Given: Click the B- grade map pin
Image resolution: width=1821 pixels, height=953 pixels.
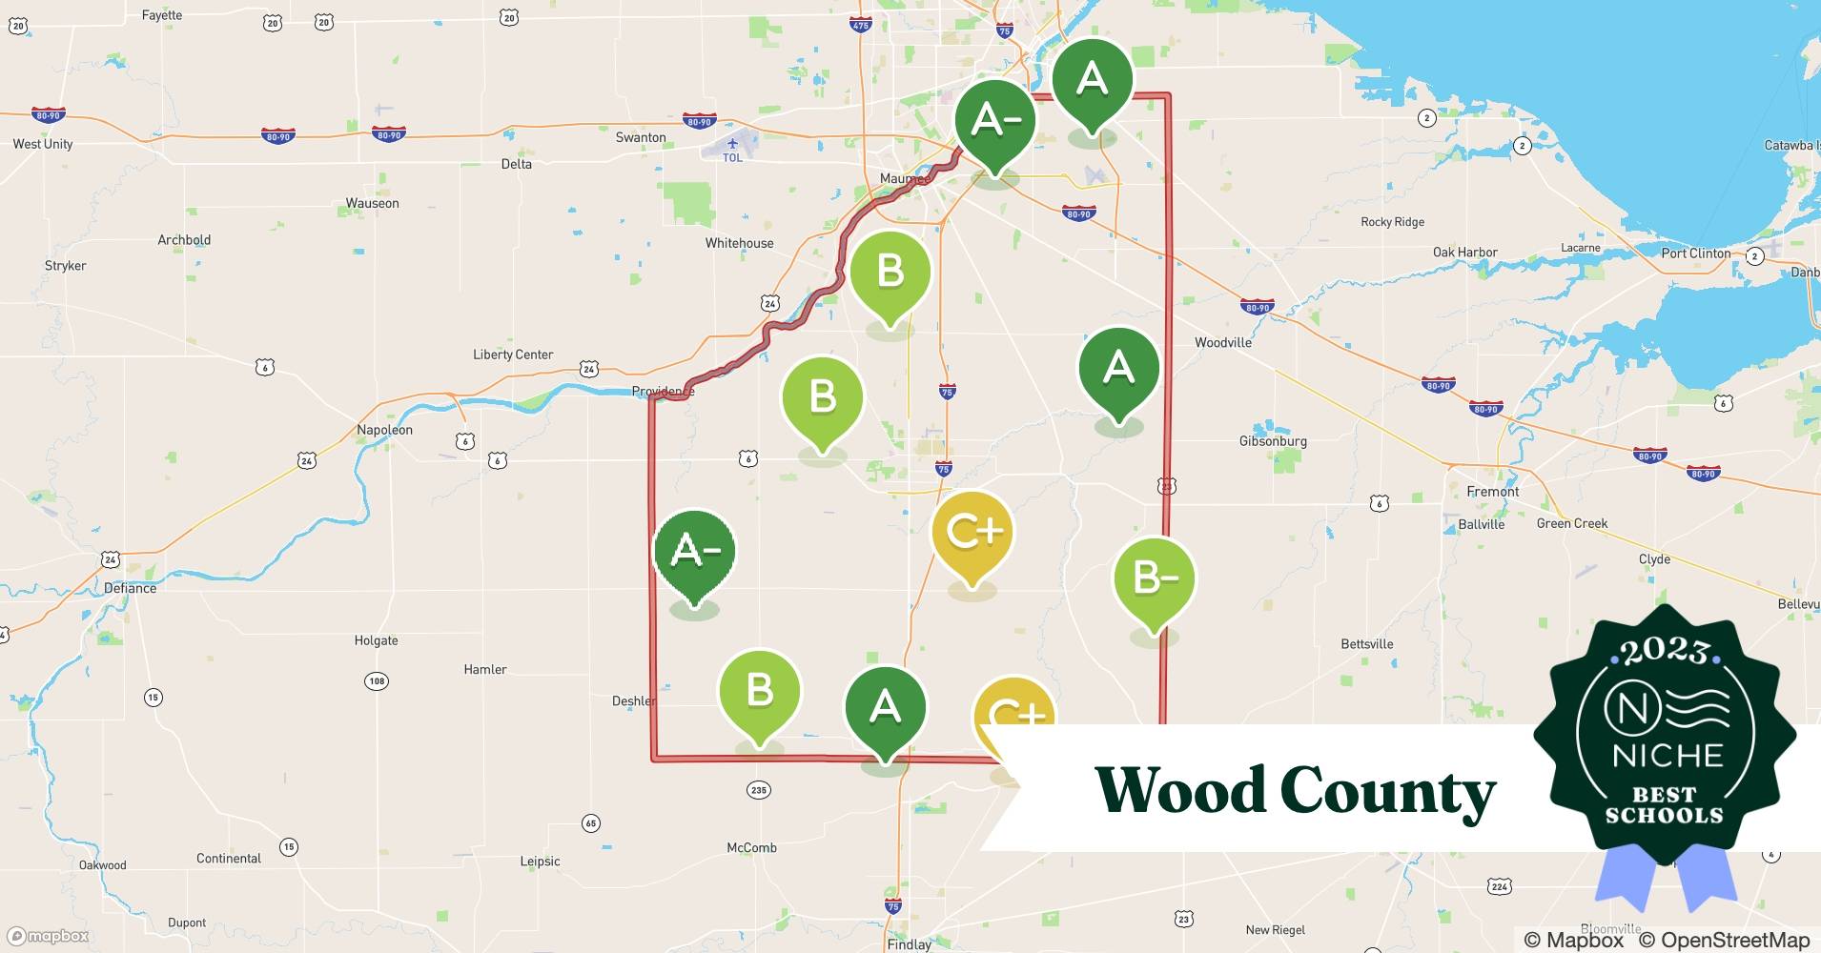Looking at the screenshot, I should pyautogui.click(x=1154, y=579).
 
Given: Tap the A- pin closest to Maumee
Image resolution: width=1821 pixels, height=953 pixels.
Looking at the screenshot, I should pyautogui.click(x=994, y=122).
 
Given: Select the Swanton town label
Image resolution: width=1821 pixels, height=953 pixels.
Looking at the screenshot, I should pyautogui.click(x=641, y=137).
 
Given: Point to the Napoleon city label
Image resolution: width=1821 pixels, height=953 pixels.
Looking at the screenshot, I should pyautogui.click(x=384, y=430).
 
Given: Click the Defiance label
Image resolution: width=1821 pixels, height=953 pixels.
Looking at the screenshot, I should pyautogui.click(x=130, y=588).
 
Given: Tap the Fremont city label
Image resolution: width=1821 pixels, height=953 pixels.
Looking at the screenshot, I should pyautogui.click(x=1492, y=492).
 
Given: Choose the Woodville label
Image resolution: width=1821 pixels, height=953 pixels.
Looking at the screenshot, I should pyautogui.click(x=1222, y=342).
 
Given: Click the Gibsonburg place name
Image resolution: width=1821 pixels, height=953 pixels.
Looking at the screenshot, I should pyautogui.click(x=1273, y=441).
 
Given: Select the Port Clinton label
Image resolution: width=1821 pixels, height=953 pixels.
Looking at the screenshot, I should pyautogui.click(x=1695, y=253).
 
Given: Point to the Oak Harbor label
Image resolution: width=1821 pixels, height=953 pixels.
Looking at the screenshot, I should pyautogui.click(x=1464, y=253).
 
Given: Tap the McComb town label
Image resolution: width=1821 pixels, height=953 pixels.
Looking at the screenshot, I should pyautogui.click(x=751, y=847).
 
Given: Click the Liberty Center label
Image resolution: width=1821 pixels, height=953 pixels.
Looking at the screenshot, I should pyautogui.click(x=513, y=355).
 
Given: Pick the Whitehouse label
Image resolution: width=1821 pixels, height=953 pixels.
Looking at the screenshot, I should pyautogui.click(x=739, y=243).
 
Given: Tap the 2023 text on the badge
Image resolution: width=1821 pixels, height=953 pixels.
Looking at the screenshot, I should pyautogui.click(x=1665, y=651).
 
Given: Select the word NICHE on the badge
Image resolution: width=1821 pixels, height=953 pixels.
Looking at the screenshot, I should pyautogui.click(x=1668, y=756).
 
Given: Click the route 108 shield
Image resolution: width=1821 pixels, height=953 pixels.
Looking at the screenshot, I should pyautogui.click(x=376, y=681).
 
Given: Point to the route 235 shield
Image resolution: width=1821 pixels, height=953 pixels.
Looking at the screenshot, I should pyautogui.click(x=759, y=790).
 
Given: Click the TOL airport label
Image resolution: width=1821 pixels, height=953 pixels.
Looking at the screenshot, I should pyautogui.click(x=732, y=157).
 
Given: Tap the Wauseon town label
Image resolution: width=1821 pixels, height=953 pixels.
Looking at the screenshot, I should pyautogui.click(x=372, y=203).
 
